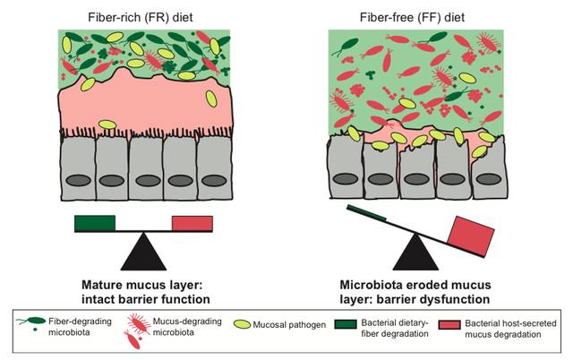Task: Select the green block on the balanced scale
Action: (95, 224)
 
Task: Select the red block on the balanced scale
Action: (192, 224)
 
